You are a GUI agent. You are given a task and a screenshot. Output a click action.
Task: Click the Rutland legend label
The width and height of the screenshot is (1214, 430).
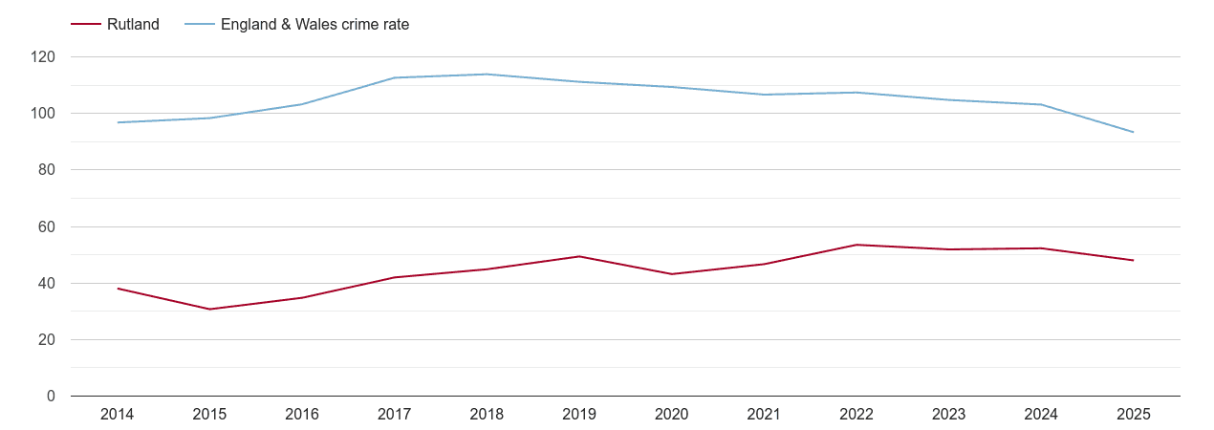coord(133,25)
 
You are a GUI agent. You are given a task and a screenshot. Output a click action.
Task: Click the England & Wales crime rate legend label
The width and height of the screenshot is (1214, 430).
coord(314,25)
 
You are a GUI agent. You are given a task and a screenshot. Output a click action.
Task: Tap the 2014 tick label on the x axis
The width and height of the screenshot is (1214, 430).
coord(117,415)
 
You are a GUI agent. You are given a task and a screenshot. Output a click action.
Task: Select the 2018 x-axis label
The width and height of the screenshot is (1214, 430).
coord(487,415)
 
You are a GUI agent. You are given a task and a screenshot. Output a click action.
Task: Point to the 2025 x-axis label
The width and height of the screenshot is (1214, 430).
coord(1133,415)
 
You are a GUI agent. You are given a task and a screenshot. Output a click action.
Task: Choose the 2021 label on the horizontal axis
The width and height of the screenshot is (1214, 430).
coord(764,415)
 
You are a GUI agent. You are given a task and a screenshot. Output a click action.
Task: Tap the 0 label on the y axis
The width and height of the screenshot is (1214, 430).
coord(52,397)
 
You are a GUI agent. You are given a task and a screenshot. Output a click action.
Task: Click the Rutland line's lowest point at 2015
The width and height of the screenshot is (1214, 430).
coord(209,309)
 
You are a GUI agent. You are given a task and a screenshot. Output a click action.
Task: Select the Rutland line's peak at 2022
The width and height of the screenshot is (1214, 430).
coord(856,245)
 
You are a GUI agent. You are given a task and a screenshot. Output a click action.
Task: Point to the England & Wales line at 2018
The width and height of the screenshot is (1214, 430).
coord(487,75)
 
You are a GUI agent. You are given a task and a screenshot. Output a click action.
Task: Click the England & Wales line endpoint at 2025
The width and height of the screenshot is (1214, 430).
coord(1133,132)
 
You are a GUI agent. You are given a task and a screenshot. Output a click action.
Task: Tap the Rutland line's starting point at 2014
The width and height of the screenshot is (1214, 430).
coord(118,289)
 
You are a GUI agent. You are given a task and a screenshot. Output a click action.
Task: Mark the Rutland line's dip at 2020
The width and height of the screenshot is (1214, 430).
coord(671,274)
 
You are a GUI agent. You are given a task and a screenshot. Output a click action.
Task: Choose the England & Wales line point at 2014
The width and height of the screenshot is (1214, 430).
coord(118,122)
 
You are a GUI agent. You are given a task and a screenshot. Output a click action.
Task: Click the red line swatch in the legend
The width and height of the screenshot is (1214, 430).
coord(85,25)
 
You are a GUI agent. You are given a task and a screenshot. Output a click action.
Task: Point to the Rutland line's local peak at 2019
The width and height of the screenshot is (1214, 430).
coord(579,256)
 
